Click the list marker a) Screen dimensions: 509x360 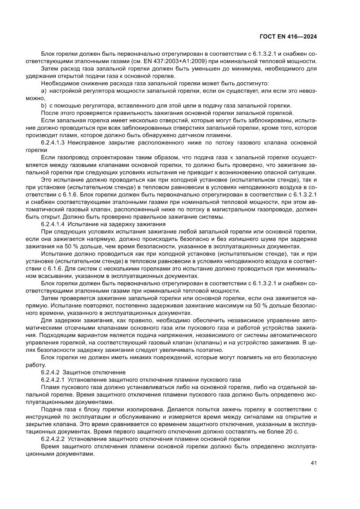44,91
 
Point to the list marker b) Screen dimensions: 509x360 44,106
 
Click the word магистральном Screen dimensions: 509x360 239,209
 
